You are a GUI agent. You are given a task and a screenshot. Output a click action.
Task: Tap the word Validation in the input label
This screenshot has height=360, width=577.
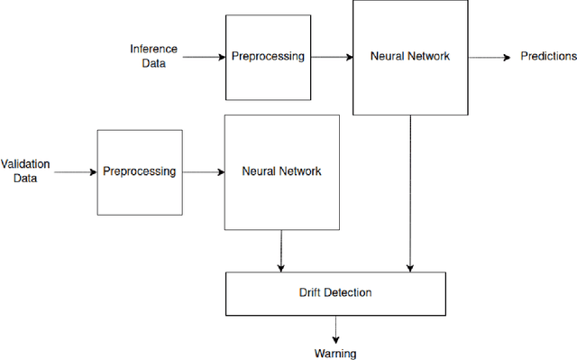tap(25, 164)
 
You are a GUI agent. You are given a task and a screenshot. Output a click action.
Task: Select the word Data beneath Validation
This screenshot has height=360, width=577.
tap(25, 178)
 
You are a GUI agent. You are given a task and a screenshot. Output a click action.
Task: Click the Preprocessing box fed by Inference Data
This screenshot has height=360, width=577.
tap(269, 56)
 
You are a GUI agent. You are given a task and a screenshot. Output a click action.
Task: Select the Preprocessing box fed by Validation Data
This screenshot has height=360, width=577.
tap(140, 171)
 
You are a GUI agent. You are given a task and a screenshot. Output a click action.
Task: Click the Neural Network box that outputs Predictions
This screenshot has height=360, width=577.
tap(410, 56)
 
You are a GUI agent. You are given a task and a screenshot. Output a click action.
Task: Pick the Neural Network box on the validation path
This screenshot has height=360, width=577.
tap(281, 171)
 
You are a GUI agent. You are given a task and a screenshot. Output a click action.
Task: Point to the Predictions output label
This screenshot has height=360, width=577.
tap(548, 56)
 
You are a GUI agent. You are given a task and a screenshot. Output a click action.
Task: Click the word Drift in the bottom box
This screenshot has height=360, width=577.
tap(312, 292)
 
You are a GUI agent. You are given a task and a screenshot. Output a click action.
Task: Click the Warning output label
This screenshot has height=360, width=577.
tap(334, 354)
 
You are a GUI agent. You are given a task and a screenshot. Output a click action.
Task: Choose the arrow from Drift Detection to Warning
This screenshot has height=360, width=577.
tap(334, 328)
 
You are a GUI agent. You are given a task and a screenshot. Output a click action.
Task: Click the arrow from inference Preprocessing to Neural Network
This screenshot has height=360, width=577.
tap(332, 57)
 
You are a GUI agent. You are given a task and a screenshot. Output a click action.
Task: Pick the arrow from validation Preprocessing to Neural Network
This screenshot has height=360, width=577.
tap(203, 171)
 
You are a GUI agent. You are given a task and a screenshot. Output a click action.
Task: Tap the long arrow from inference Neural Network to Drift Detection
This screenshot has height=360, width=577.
tap(410, 194)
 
